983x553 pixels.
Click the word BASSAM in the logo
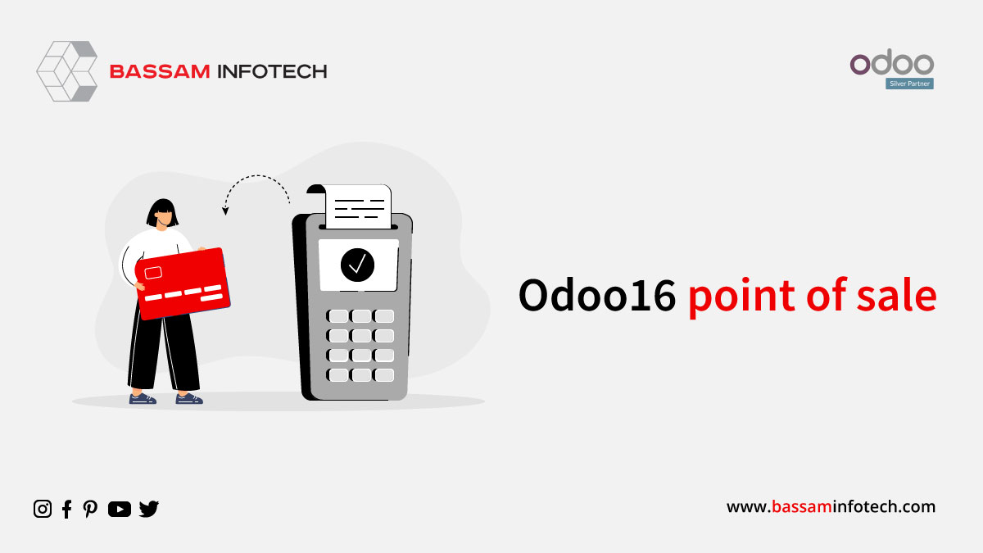(160, 71)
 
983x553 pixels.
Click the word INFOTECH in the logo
(273, 71)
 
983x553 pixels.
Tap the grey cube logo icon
(67, 71)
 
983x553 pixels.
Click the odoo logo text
(892, 62)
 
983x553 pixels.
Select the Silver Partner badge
(909, 84)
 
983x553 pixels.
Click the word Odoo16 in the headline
(597, 296)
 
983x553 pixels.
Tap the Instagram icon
(43, 509)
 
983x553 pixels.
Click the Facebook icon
(66, 509)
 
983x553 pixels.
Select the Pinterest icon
(90, 509)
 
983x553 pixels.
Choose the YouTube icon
(120, 509)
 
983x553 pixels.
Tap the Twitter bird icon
(149, 509)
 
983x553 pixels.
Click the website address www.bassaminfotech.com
(831, 507)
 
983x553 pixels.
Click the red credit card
(183, 283)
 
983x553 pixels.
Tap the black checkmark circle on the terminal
(357, 265)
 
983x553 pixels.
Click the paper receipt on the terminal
(358, 206)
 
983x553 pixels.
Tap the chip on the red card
(153, 273)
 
